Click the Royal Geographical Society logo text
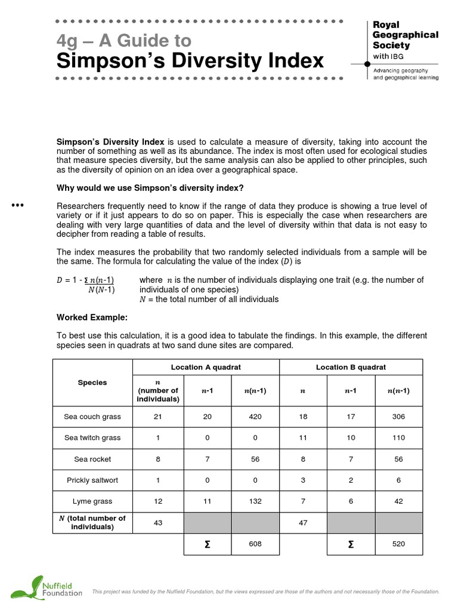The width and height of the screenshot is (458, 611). (405, 35)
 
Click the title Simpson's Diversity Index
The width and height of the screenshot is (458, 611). (190, 61)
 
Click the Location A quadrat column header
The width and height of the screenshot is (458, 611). (206, 367)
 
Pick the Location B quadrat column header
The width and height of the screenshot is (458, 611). (351, 367)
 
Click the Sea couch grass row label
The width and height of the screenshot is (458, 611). (92, 416)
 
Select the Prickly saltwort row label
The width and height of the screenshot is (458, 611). (92, 480)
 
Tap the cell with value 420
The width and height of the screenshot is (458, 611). (255, 416)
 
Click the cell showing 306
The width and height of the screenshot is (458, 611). (398, 416)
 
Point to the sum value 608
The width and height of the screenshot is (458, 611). (255, 544)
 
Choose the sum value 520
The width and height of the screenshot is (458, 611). (398, 544)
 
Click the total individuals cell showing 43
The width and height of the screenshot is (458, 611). (158, 523)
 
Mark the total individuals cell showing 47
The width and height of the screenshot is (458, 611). (303, 523)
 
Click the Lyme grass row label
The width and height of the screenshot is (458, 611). (92, 502)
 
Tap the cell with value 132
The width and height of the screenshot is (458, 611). (255, 502)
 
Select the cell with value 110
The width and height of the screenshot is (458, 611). (398, 437)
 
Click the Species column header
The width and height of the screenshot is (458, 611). (92, 382)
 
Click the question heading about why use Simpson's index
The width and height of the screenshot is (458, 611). (150, 188)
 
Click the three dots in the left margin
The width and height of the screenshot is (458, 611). (17, 206)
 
